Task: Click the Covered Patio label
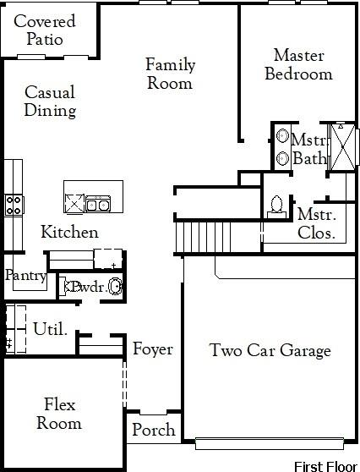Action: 44,30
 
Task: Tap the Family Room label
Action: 170,74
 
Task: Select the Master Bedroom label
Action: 298,64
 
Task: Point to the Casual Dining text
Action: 50,101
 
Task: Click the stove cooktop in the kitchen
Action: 14,204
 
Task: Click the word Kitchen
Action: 70,232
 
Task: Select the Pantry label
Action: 25,275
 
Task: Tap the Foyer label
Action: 152,349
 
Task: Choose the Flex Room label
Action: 62,414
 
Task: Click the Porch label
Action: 153,430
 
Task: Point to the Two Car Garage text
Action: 270,350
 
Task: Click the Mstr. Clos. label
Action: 317,223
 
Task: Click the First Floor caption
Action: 325,465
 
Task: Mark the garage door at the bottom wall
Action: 270,440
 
